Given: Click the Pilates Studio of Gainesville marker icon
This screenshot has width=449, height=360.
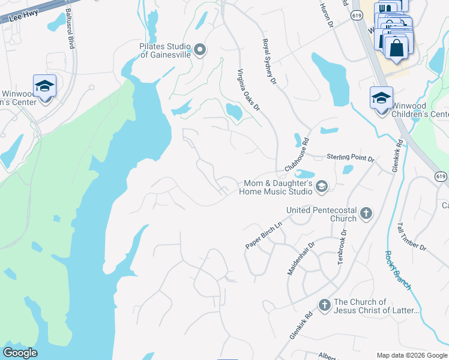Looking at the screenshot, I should (200, 50).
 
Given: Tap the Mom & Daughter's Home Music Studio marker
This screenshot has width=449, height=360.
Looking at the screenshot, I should (322, 187).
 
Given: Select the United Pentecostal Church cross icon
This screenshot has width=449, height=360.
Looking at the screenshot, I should (366, 212).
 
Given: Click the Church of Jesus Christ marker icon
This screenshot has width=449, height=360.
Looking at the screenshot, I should (324, 305).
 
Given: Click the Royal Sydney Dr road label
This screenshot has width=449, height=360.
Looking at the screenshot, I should (268, 61).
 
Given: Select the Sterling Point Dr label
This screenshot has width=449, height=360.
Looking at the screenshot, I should (350, 157).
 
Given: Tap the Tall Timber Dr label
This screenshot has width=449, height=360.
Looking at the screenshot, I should (411, 237).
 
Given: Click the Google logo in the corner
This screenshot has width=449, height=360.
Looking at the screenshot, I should (20, 353).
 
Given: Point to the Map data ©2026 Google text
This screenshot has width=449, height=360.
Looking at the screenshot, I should (411, 355).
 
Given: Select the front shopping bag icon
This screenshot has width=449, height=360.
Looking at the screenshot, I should (397, 47).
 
